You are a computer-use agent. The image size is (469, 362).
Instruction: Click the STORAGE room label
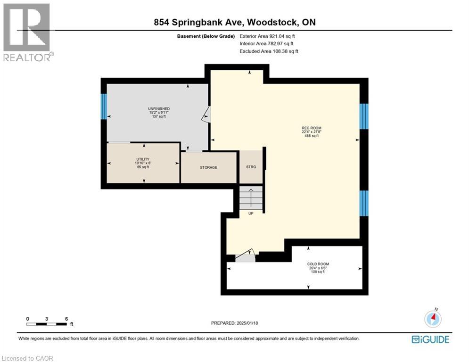pyautogui.click(x=208, y=167)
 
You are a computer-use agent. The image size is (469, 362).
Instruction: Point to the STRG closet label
pyautogui.click(x=251, y=166)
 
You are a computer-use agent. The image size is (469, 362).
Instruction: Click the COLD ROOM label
pyautogui.click(x=318, y=264)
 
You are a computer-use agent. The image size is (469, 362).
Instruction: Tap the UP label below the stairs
pyautogui.click(x=251, y=214)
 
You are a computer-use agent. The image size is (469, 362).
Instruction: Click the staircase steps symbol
pyautogui.click(x=251, y=198)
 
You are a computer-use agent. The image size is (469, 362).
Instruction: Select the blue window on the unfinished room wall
pyautogui.click(x=104, y=106)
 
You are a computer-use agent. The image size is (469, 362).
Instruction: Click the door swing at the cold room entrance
pyautogui.click(x=245, y=256)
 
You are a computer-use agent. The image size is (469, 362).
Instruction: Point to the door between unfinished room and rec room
pyautogui.click(x=206, y=114)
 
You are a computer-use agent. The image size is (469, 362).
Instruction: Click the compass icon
pyautogui.click(x=432, y=319)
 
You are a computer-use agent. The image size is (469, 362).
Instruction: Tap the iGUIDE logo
pyautogui.click(x=430, y=339)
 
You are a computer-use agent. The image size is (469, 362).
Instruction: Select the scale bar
pyautogui.click(x=47, y=323)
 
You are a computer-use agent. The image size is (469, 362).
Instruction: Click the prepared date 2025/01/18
pyautogui.click(x=234, y=323)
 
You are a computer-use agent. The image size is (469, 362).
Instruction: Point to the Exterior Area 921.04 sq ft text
pyautogui.click(x=268, y=36)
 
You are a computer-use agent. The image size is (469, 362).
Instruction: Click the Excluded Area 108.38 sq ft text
pyautogui.click(x=269, y=51)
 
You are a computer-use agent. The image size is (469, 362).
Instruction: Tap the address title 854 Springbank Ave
pyautogui.click(x=234, y=23)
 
